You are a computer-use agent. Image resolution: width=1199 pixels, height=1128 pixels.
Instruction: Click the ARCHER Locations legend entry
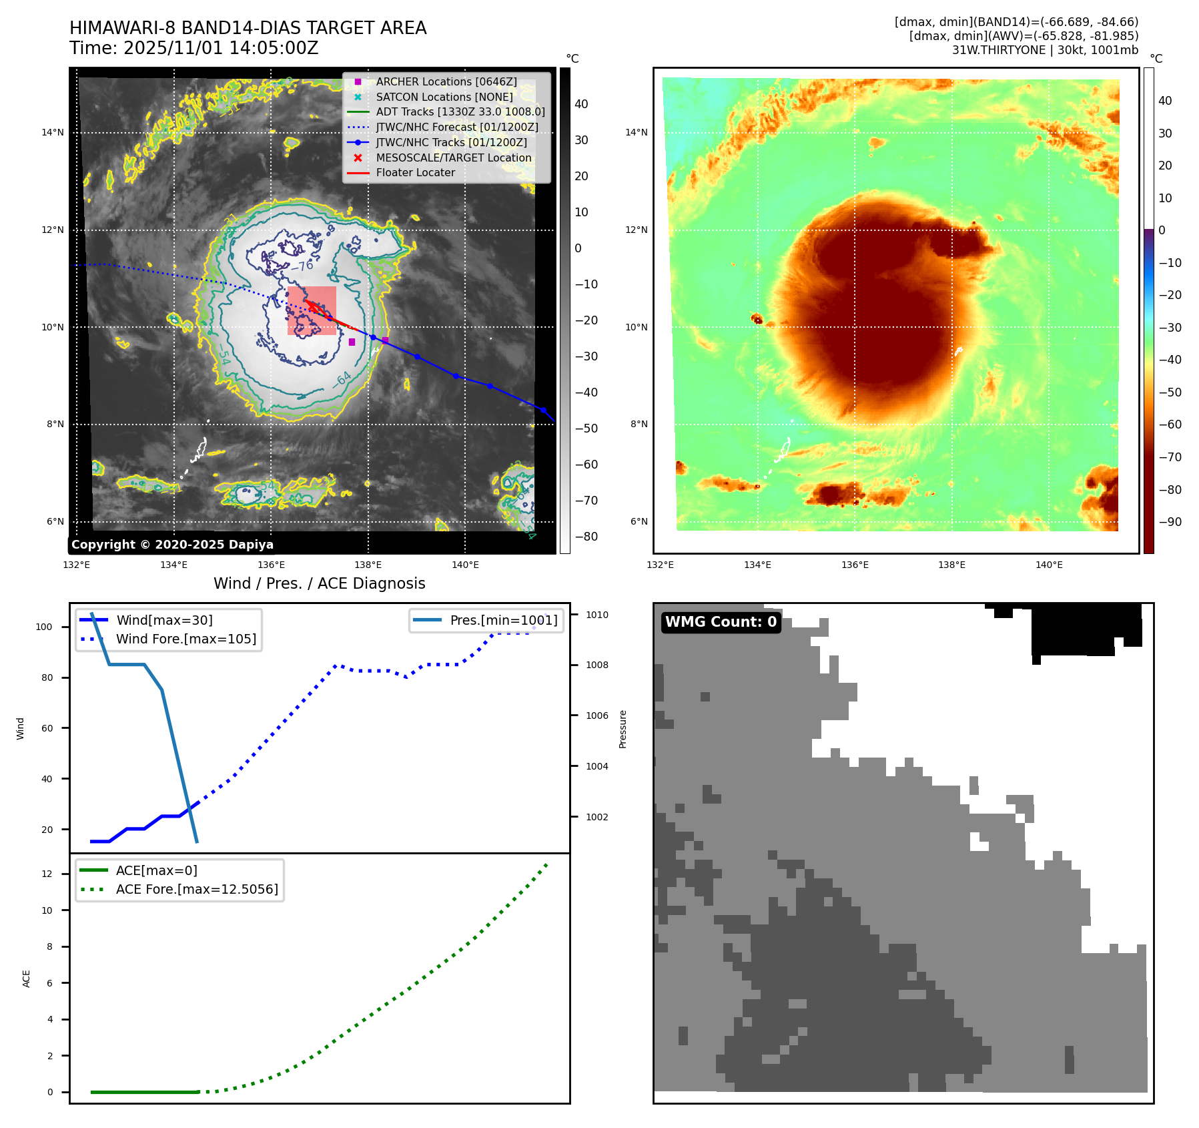point(446,81)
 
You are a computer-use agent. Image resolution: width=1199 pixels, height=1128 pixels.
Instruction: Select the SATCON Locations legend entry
point(444,97)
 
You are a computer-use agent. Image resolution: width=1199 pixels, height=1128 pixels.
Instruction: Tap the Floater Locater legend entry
point(415,172)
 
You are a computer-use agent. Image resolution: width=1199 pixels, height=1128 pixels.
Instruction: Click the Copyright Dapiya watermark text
point(172,544)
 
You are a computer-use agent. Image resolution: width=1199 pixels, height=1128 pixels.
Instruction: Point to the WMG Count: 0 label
point(721,622)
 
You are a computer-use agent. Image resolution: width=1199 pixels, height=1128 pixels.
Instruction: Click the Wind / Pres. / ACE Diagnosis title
point(319,583)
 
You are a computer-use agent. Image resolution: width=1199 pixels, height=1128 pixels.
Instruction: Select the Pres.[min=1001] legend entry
point(503,620)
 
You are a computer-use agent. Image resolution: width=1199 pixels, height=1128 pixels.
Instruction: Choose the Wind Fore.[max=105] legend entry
point(185,639)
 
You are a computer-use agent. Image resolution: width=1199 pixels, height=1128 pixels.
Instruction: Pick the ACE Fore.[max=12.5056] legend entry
point(197,889)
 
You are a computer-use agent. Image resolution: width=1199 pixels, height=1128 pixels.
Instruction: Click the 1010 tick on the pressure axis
point(596,615)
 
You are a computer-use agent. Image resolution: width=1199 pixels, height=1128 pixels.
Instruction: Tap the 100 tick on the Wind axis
point(43,627)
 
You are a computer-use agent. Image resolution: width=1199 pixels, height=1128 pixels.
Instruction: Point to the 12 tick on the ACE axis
point(47,874)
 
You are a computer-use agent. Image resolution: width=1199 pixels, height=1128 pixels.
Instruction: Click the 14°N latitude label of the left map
point(53,132)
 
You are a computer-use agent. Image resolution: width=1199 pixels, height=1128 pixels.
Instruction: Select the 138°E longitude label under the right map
point(951,565)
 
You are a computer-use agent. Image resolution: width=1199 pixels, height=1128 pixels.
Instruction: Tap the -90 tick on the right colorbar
point(1170,522)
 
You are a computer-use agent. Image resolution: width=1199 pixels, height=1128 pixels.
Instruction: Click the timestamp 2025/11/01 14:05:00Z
point(221,48)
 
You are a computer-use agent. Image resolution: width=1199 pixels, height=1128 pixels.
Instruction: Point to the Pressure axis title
point(623,729)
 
